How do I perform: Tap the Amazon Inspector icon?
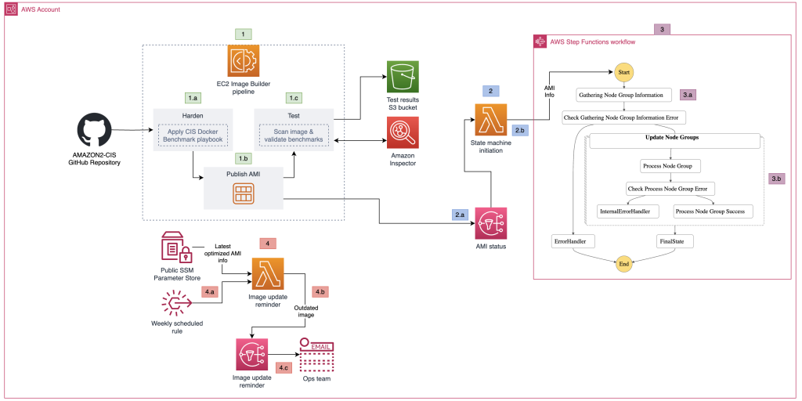[403, 132]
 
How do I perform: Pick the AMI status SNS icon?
[490, 223]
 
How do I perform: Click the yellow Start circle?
[623, 72]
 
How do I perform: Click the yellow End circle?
[623, 264]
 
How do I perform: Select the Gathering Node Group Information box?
[624, 95]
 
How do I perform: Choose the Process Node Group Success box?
[713, 211]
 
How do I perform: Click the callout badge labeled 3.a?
[689, 94]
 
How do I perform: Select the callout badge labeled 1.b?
[244, 157]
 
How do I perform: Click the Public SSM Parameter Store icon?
[176, 247]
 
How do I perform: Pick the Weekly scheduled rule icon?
[176, 302]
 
